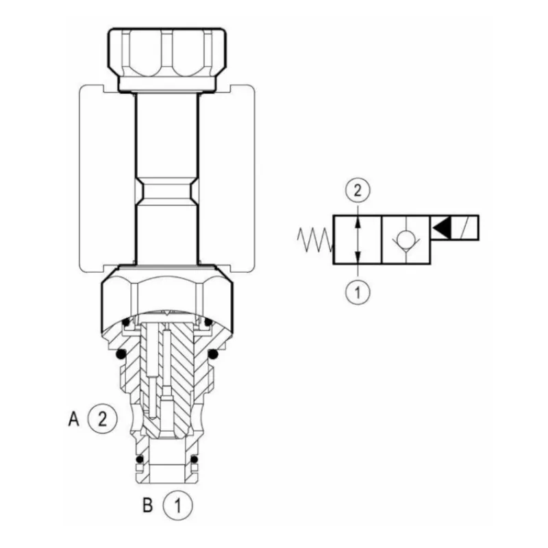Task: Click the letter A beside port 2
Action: (x=73, y=419)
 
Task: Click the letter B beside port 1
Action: (x=148, y=506)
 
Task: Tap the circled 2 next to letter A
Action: (x=102, y=419)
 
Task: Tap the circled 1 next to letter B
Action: (x=177, y=506)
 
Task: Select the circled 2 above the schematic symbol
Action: (x=357, y=190)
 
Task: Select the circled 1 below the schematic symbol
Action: (x=357, y=291)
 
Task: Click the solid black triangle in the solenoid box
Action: (x=441, y=228)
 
